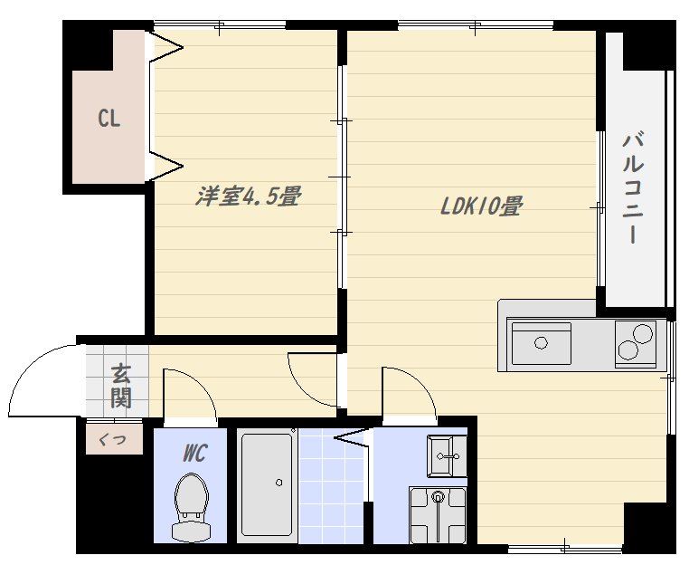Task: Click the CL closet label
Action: pyautogui.click(x=109, y=119)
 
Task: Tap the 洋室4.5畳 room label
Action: pyautogui.click(x=249, y=196)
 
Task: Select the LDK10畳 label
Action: pyautogui.click(x=481, y=206)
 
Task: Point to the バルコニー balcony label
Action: pyautogui.click(x=633, y=187)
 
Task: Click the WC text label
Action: pyautogui.click(x=194, y=453)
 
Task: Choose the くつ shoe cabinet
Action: pyautogui.click(x=114, y=439)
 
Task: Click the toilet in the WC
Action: pyautogui.click(x=191, y=507)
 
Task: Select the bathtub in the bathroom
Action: pyautogui.click(x=267, y=485)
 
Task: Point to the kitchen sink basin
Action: pyautogui.click(x=542, y=343)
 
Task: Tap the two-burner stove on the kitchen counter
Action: pyautogui.click(x=636, y=344)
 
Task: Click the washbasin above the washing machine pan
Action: pyautogui.click(x=447, y=455)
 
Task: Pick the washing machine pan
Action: pyautogui.click(x=438, y=515)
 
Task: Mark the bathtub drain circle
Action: pyautogui.click(x=279, y=483)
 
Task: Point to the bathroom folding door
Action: pyautogui.click(x=352, y=438)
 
